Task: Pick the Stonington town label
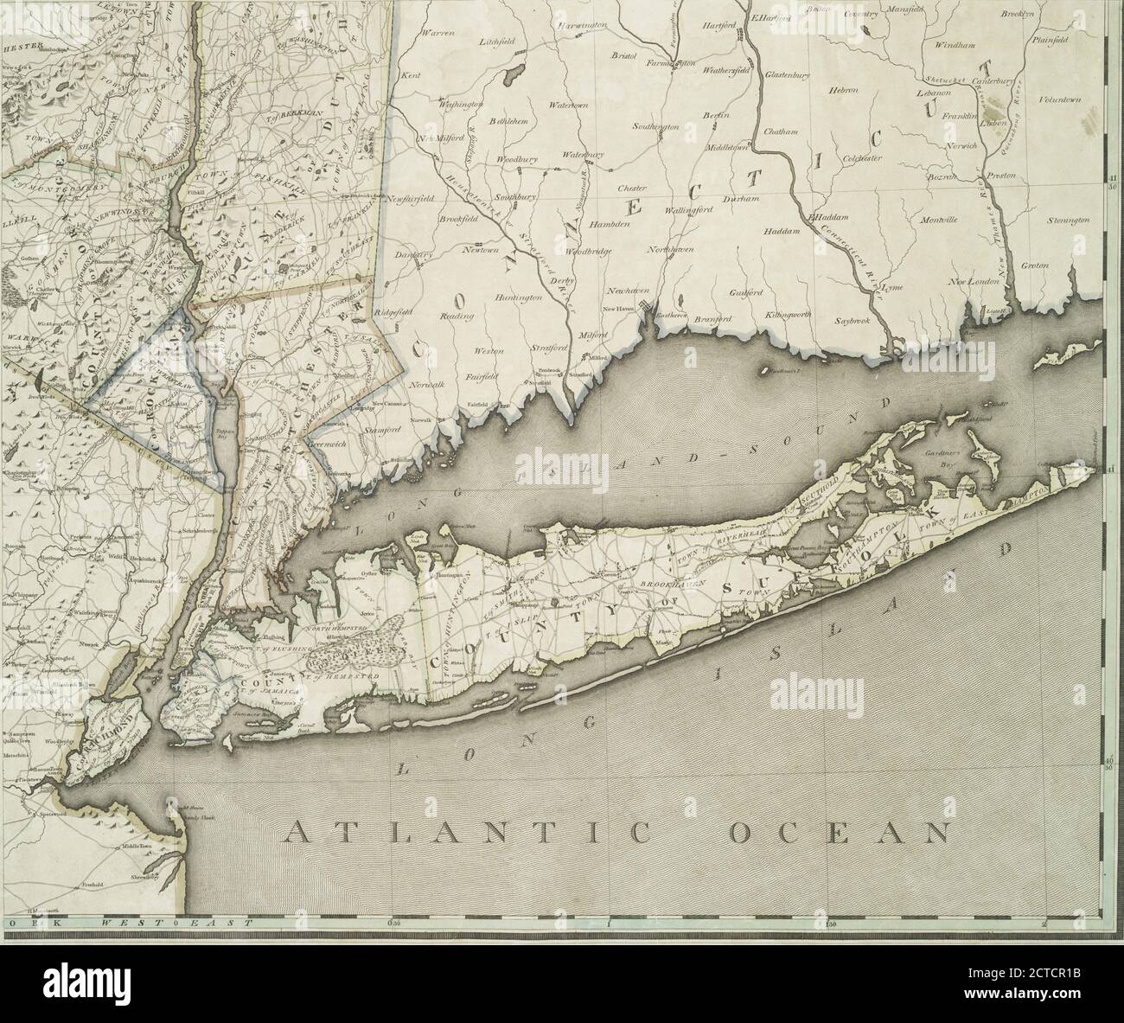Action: coord(1068,221)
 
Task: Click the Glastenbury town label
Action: coord(787,76)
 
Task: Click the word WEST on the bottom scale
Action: coord(127,924)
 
